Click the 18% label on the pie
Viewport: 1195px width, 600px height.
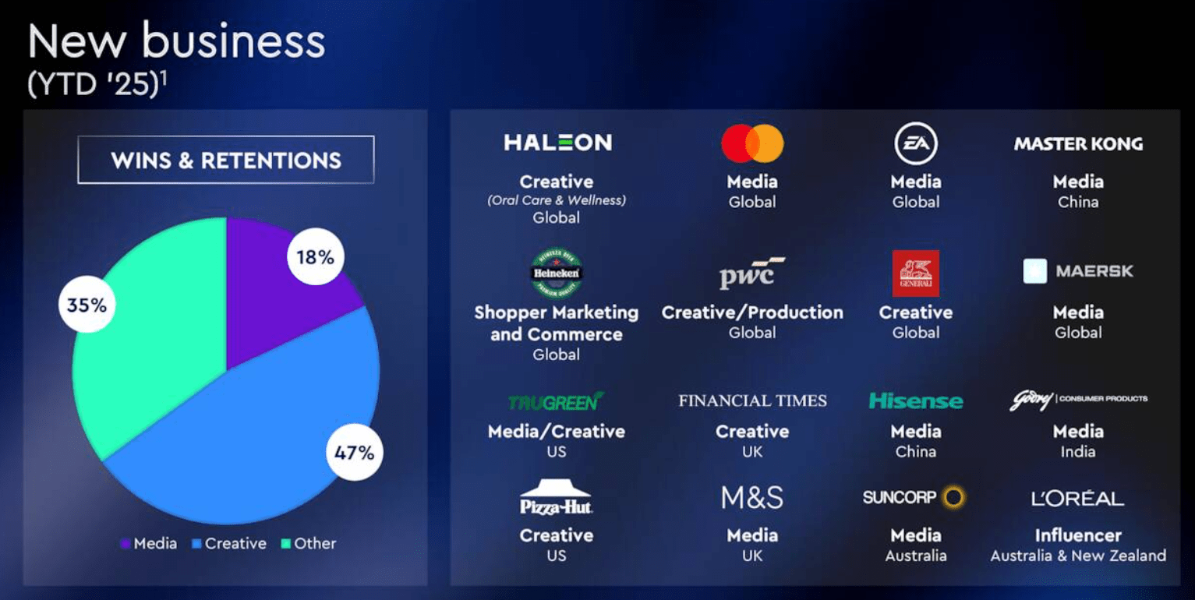(315, 256)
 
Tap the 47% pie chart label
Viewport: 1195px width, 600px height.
(355, 452)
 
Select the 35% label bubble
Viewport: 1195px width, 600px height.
(87, 304)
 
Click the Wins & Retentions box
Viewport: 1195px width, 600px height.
(225, 161)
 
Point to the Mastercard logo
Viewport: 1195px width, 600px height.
(752, 143)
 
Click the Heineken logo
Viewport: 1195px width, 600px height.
(557, 274)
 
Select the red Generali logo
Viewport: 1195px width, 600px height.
(916, 273)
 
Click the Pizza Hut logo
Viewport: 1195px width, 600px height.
(557, 499)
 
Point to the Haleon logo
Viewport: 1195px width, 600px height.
(557, 143)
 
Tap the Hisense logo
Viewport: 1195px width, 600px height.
(916, 401)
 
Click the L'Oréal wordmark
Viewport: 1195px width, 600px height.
(1078, 499)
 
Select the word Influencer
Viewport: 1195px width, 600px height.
(1078, 535)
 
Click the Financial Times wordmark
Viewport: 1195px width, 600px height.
(752, 401)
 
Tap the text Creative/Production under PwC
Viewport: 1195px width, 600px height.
(752, 312)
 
